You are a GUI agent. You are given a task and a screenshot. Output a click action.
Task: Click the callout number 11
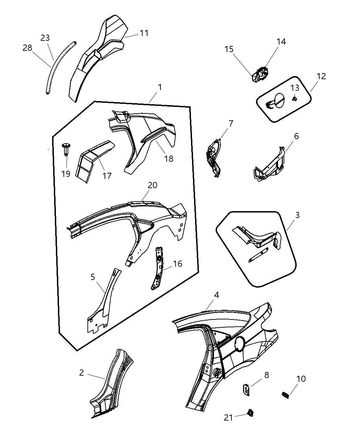[144, 33]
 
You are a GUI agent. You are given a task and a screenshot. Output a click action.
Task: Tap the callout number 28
[27, 48]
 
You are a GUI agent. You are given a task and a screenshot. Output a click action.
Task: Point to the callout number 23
[45, 38]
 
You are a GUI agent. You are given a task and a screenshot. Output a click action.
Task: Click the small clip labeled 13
[294, 99]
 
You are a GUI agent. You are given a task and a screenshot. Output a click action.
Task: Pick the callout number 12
[321, 76]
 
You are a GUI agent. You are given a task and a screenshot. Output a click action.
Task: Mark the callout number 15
[229, 49]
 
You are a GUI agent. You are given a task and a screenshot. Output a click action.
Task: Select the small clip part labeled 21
[251, 413]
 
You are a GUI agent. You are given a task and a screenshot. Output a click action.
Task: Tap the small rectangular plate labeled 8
[246, 389]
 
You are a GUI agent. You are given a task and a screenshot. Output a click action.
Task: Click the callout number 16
[178, 264]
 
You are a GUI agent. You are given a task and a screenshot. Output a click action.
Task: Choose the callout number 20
[153, 185]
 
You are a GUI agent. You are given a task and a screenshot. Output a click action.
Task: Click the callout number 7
[231, 123]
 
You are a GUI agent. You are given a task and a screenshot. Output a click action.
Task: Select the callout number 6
[296, 136]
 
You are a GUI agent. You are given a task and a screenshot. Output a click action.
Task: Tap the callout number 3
[297, 215]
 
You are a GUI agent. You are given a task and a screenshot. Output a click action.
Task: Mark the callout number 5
[93, 277]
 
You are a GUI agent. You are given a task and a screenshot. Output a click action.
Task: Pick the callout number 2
[81, 372]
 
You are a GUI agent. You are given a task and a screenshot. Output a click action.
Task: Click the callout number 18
[169, 158]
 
